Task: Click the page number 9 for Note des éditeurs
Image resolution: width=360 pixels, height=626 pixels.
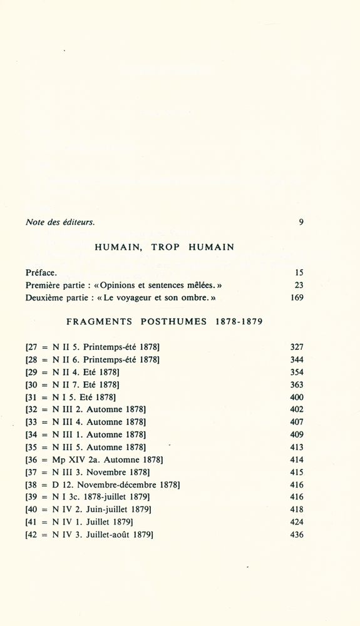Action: point(301,222)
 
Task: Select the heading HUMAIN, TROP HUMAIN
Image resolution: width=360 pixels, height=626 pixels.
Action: point(165,247)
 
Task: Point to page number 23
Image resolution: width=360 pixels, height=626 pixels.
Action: point(298,285)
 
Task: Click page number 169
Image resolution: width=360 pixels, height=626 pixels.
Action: point(296,298)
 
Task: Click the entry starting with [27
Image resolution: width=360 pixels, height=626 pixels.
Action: point(93,347)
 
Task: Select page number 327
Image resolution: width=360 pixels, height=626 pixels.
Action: point(296,347)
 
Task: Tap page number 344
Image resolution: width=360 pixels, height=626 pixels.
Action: point(296,359)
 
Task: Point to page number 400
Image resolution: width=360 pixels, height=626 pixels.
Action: point(296,397)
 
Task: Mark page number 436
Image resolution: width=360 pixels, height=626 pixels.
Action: point(296,535)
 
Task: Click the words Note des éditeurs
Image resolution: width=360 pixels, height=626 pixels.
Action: point(60,222)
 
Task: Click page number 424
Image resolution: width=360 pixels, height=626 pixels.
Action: point(296,522)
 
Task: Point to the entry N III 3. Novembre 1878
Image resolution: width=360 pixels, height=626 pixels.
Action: point(88,472)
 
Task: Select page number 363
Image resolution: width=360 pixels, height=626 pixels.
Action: point(296,384)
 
